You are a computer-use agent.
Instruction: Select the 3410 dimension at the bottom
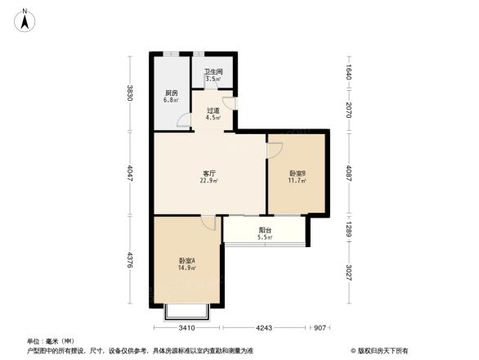click(x=186, y=328)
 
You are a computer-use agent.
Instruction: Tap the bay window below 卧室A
click(x=186, y=312)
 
